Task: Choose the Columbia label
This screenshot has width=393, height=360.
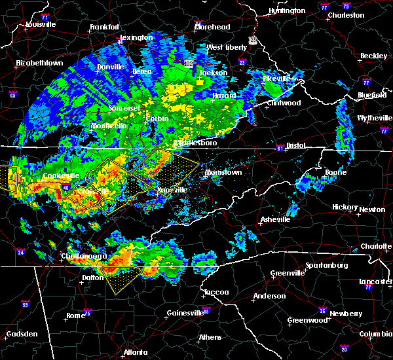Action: click(x=374, y=334)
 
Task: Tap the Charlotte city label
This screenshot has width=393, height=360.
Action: click(x=376, y=246)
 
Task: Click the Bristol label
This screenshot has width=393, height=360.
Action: click(x=301, y=145)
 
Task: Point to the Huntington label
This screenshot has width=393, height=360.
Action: click(x=287, y=10)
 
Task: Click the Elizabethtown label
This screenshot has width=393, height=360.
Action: click(x=39, y=63)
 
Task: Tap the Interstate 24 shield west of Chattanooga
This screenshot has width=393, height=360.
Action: click(x=21, y=251)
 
